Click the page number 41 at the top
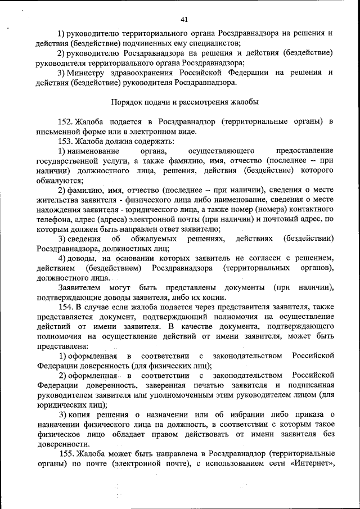coord(184,20)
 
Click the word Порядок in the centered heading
coord(127,102)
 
